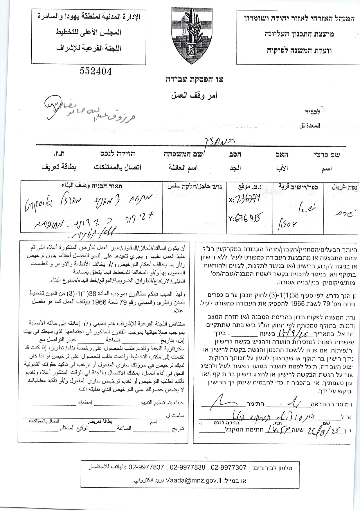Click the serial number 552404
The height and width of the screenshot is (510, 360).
pyautogui.click(x=96, y=71)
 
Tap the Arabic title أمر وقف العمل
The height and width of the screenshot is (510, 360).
pyautogui.click(x=194, y=95)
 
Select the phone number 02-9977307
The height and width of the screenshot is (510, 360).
pyautogui.click(x=229, y=468)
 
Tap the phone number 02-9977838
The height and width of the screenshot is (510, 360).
pyautogui.click(x=187, y=468)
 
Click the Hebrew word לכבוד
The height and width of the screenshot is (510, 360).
pyautogui.click(x=312, y=112)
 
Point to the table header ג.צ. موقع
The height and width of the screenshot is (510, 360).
pyautogui.click(x=249, y=186)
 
